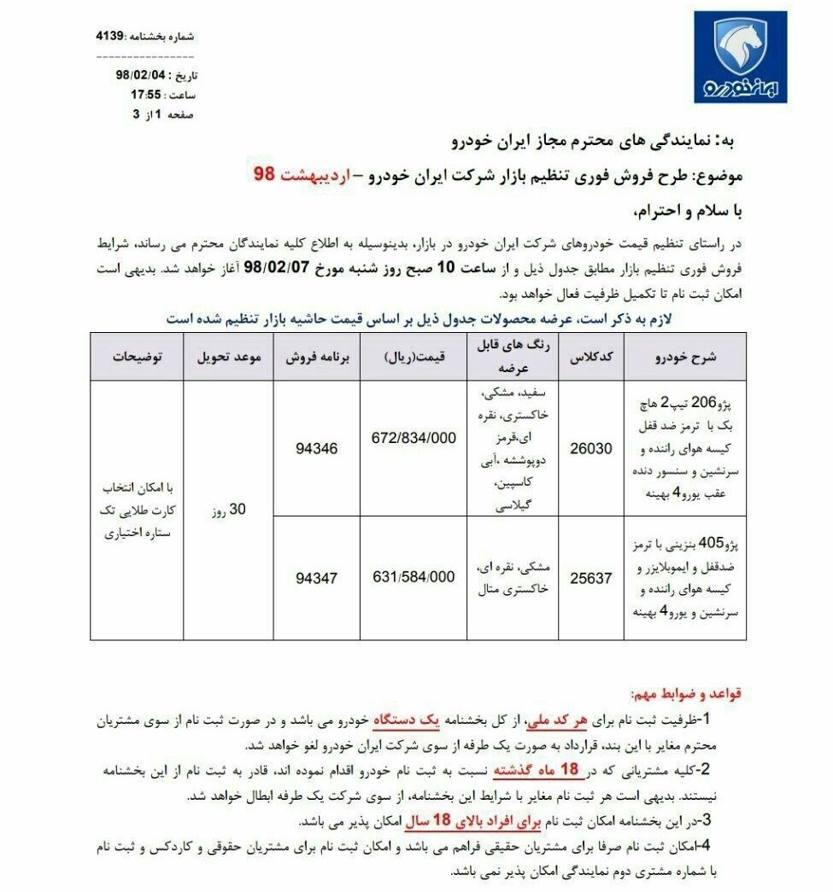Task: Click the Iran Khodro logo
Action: (x=739, y=57)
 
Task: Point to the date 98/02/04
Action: (x=139, y=75)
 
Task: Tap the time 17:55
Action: (x=146, y=95)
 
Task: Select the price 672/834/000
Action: (x=414, y=437)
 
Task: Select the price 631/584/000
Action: (x=414, y=577)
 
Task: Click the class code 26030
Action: (x=591, y=447)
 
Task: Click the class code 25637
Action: (x=591, y=578)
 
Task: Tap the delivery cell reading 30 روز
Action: (x=228, y=510)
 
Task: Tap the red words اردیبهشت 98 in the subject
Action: (x=302, y=175)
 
